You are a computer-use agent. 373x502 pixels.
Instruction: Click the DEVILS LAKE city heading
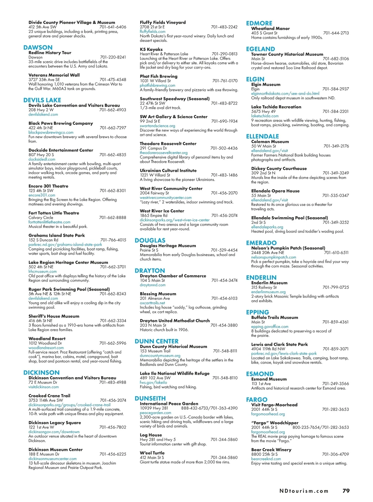tap(42, 100)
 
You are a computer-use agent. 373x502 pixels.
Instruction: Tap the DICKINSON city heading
tap(41, 373)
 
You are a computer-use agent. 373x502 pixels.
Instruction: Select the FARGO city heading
tap(256, 400)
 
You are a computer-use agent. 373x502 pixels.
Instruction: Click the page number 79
tap(346, 491)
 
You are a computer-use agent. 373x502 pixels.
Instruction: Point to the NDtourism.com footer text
tap(304, 491)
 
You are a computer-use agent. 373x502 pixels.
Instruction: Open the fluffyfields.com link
tap(153, 31)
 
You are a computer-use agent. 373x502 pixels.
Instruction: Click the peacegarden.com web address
tap(155, 413)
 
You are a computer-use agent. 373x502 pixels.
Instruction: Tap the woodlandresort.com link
tap(46, 348)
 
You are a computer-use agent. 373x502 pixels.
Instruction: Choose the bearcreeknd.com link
tap(266, 459)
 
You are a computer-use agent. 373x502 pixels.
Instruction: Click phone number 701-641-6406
tap(113, 27)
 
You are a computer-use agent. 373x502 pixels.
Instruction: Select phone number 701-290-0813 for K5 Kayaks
tap(224, 54)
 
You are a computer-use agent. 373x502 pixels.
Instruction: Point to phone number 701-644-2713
tap(336, 33)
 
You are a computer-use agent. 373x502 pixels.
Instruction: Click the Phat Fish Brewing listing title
tap(159, 76)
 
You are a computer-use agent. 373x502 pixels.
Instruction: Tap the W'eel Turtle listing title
tap(152, 453)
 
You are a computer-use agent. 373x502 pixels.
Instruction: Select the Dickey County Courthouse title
tap(279, 168)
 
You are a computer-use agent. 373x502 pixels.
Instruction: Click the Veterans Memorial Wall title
tap(54, 75)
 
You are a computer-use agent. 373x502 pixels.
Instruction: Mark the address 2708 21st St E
tap(152, 27)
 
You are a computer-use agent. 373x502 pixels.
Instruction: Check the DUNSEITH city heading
tap(150, 398)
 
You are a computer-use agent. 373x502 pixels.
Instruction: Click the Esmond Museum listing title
tap(269, 379)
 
